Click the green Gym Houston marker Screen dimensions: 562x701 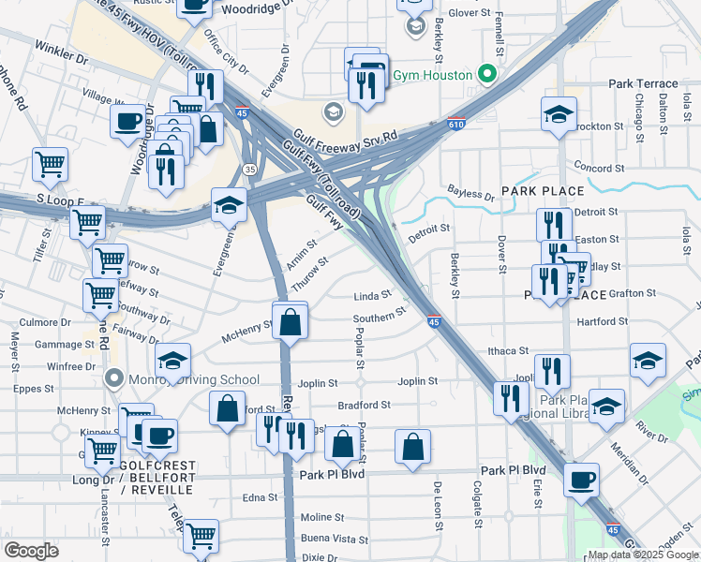tap(485, 73)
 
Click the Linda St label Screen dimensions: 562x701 tap(371, 296)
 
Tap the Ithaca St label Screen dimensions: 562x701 tap(509, 350)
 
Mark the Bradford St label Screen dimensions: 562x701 tap(364, 405)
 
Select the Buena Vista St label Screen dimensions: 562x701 tap(335, 539)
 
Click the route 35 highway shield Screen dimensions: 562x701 tap(248, 169)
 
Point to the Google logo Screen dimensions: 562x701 tap(31, 551)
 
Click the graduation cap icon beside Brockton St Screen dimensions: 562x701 tap(559, 115)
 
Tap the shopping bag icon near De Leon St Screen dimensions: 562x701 tap(412, 448)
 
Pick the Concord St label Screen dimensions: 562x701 tap(599, 169)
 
